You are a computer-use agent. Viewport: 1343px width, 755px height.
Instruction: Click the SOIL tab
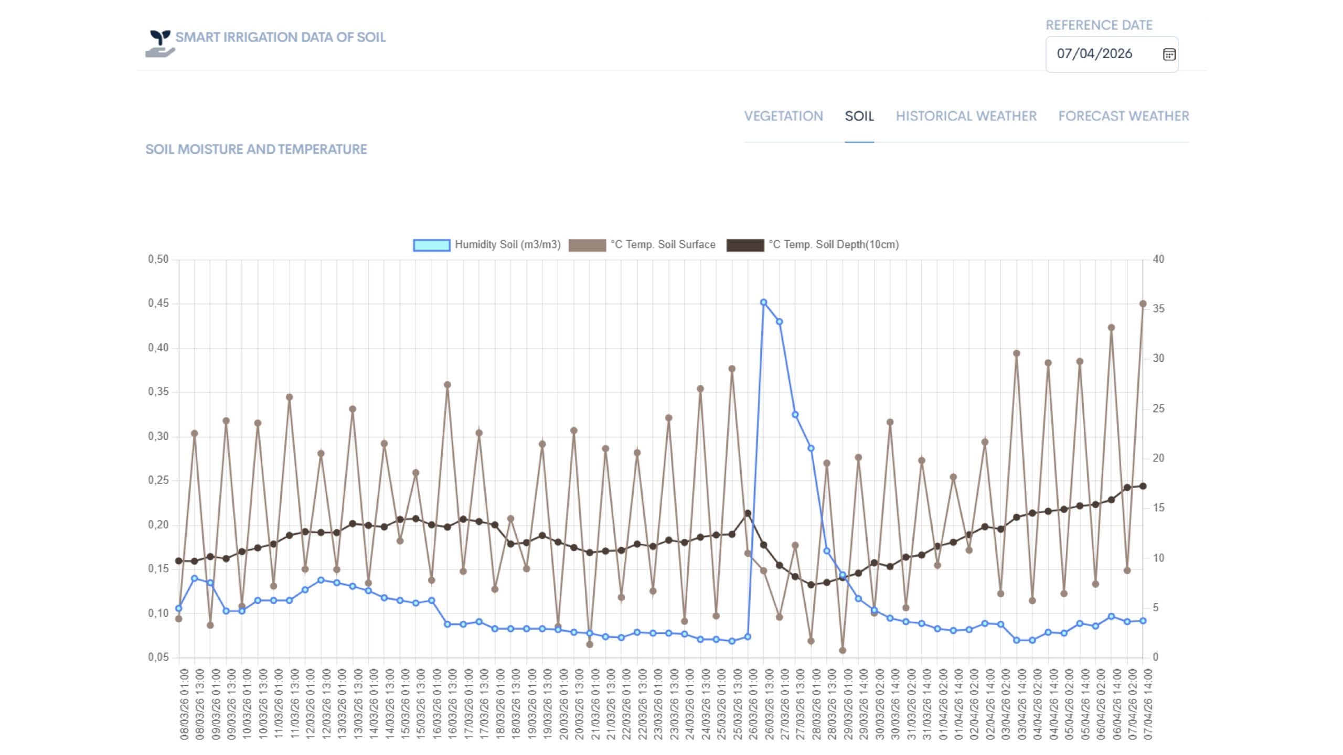859,116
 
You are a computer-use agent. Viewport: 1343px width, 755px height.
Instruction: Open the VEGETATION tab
784,116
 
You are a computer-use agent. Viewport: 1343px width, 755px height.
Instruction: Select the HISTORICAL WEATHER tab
966,116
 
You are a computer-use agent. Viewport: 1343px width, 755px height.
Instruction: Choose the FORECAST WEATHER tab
1124,116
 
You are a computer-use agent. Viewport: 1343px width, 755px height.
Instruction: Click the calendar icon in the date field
1169,54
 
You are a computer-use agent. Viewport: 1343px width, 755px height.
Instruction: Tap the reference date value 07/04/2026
1094,53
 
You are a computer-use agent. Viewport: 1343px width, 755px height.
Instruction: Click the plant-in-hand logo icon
160,44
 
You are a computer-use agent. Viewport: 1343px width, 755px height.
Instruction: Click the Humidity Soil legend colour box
431,245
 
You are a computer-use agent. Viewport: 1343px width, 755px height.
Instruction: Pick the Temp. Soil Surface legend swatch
587,245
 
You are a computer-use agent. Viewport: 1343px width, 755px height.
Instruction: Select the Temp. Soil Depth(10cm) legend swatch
745,245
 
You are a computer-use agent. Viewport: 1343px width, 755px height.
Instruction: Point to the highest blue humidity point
763,303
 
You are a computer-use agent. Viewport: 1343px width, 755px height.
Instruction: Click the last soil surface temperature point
1143,304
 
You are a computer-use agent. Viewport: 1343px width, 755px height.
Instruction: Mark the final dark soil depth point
1143,486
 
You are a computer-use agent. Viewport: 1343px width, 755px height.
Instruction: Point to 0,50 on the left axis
158,260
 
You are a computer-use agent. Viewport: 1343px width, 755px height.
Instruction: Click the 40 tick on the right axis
1158,260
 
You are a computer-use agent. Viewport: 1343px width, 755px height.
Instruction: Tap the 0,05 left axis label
158,657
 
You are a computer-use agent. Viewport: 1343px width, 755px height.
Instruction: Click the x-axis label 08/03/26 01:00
184,704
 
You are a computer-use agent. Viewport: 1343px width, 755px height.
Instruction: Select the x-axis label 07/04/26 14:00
1148,704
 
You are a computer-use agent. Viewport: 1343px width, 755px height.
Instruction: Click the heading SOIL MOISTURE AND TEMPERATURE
256,149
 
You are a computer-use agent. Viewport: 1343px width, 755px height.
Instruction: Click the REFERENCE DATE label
1099,25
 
